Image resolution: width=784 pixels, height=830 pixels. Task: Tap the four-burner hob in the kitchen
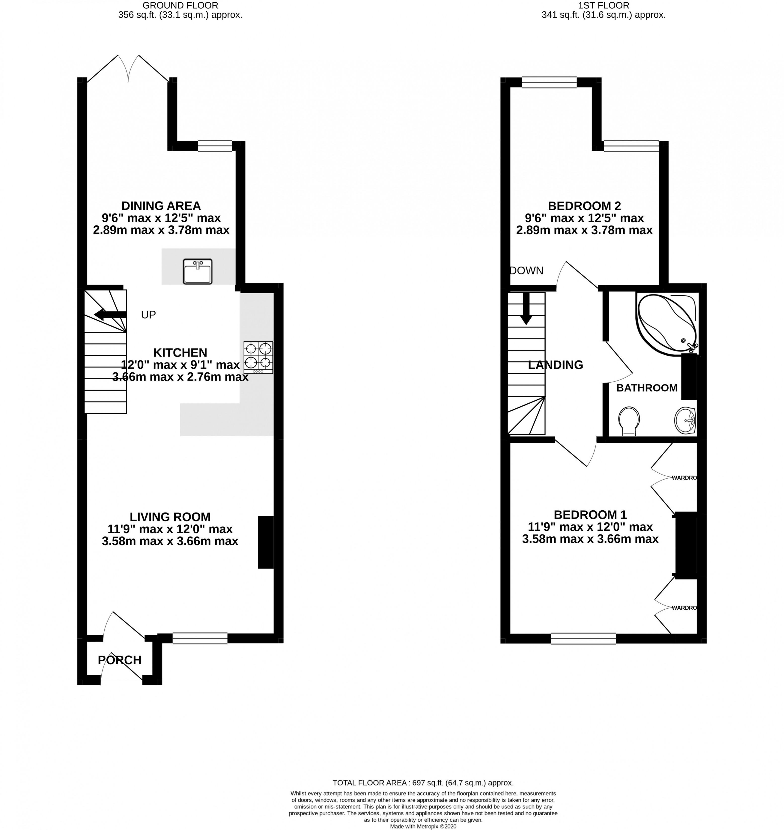258,357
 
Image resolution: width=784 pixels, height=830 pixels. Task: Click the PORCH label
119,660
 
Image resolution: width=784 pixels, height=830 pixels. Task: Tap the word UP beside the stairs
148,315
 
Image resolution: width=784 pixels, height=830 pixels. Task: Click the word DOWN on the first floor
527,271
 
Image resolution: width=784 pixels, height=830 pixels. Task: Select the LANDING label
555,365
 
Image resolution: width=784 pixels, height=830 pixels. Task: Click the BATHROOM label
646,388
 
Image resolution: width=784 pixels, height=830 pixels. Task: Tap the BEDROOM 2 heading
584,206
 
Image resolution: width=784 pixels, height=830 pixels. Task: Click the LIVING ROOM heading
170,517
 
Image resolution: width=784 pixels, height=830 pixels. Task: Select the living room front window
200,638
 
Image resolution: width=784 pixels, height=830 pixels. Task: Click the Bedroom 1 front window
583,638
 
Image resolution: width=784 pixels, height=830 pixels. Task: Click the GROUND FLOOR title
180,6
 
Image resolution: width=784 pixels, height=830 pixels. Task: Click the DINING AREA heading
161,206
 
